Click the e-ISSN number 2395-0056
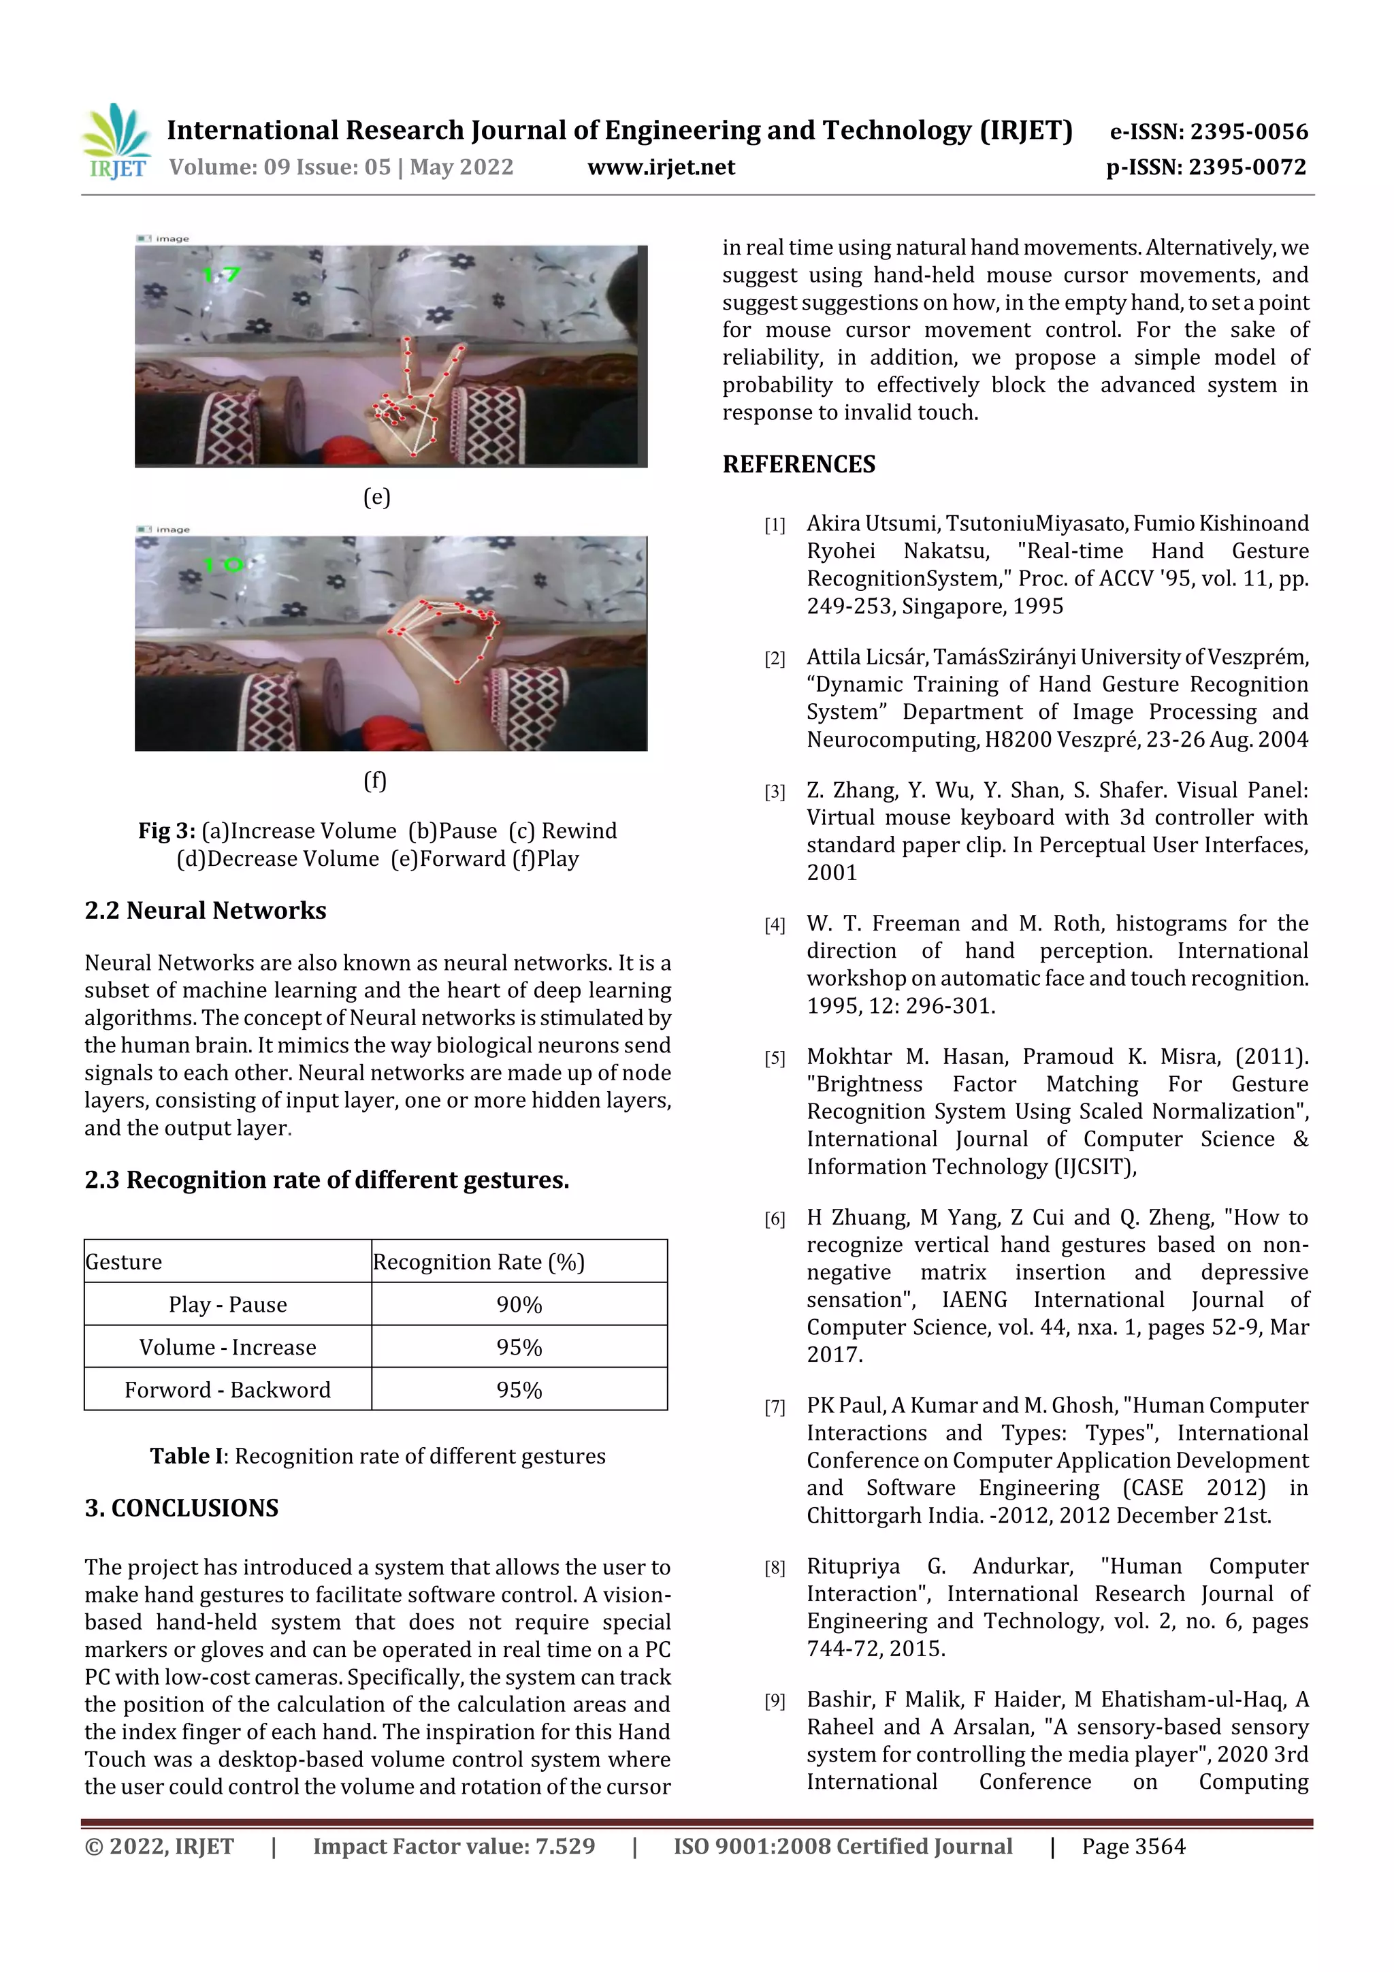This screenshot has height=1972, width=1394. (x=1248, y=131)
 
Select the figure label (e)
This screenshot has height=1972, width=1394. (x=376, y=498)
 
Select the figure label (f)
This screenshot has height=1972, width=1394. (x=375, y=781)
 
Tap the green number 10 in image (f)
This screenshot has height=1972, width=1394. (x=223, y=565)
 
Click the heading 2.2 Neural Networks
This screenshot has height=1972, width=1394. (x=206, y=910)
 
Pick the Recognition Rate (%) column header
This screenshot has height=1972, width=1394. (x=479, y=1262)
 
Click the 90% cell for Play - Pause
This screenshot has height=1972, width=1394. (x=519, y=1305)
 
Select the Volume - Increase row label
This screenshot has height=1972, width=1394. (x=227, y=1346)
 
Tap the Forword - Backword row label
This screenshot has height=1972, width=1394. (x=227, y=1390)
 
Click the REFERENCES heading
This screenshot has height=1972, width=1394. (x=799, y=465)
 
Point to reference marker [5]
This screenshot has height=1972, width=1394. (x=775, y=1058)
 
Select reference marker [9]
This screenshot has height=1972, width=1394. (x=775, y=1700)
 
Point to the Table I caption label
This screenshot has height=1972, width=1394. (x=187, y=1456)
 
